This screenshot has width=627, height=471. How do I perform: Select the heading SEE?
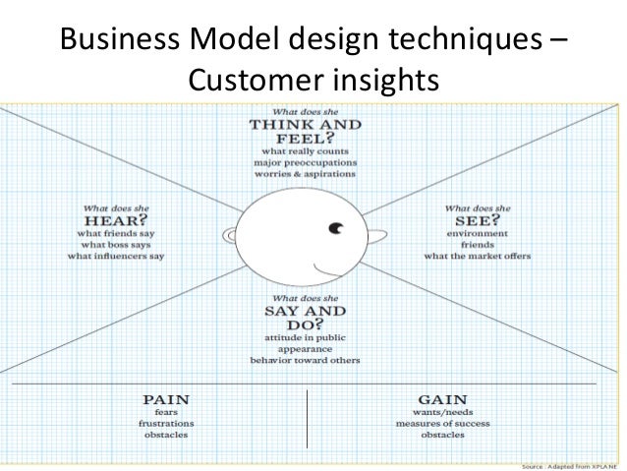click(478, 221)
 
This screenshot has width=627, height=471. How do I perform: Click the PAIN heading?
click(166, 399)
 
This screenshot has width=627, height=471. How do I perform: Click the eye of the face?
click(337, 230)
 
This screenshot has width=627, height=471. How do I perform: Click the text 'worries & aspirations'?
click(304, 173)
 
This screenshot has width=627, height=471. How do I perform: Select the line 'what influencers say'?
click(116, 256)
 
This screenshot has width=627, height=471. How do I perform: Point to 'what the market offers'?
click(478, 256)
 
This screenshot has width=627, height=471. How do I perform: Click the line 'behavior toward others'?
click(305, 360)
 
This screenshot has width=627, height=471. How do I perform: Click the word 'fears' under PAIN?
click(166, 412)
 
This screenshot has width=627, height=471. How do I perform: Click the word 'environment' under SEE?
click(479, 233)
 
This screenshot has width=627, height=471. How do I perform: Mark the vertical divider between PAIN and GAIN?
click(308, 418)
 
